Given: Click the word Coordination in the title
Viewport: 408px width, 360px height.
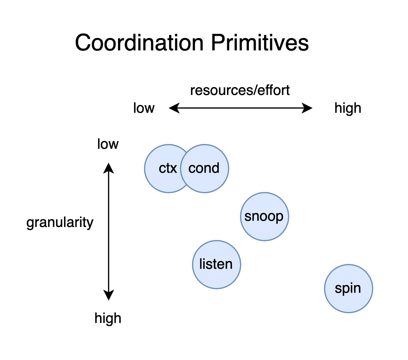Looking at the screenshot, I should [x=139, y=43].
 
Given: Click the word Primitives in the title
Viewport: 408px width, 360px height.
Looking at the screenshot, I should [x=260, y=43].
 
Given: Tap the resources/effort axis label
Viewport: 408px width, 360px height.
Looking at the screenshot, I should [x=240, y=91].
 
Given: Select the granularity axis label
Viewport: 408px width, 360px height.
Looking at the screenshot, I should [x=60, y=223].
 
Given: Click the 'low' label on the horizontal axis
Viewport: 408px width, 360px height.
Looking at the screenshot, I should [x=144, y=108].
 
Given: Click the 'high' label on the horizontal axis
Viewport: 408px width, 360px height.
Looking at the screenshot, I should [x=348, y=108].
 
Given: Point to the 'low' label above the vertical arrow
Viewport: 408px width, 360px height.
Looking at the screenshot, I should [x=108, y=144].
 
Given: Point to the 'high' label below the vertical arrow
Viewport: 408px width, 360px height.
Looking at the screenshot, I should [x=108, y=318].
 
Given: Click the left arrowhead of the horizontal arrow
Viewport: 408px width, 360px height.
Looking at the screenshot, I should [x=173, y=108].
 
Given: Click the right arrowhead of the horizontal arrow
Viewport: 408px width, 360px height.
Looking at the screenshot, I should [x=308, y=108].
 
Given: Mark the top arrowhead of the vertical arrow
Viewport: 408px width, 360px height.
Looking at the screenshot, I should [x=109, y=167].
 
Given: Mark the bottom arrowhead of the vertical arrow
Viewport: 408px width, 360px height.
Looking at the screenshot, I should [x=109, y=296].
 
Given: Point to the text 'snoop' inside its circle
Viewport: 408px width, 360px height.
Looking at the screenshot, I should [x=264, y=216].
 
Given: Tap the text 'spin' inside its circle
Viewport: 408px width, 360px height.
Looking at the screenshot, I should [x=348, y=288].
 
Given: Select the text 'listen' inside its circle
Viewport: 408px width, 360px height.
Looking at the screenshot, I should [x=216, y=264].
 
